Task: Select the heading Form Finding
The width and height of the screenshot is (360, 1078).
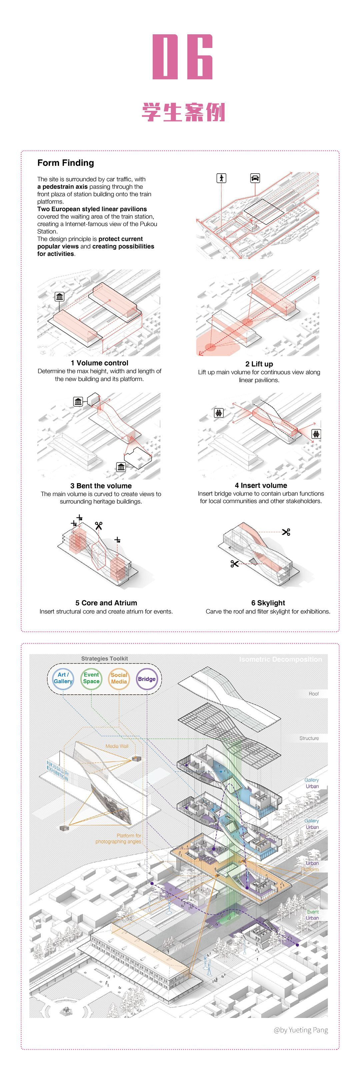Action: pyautogui.click(x=66, y=163)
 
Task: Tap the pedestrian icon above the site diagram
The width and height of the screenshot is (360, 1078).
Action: pyautogui.click(x=221, y=178)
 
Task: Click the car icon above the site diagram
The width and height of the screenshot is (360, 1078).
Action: pyautogui.click(x=255, y=178)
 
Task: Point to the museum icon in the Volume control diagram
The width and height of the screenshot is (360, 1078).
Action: pyautogui.click(x=59, y=297)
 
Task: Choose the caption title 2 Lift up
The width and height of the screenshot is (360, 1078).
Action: pyautogui.click(x=259, y=364)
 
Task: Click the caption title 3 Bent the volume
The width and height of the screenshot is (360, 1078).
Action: pyautogui.click(x=101, y=486)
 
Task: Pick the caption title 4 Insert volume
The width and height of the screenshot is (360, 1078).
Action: pyautogui.click(x=261, y=485)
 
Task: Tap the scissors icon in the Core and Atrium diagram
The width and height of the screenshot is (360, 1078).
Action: pyautogui.click(x=99, y=526)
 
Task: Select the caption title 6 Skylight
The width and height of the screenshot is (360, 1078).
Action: pyautogui.click(x=268, y=603)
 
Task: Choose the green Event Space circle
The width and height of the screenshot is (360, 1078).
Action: pyautogui.click(x=91, y=678)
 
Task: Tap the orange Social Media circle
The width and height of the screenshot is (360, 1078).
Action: pyautogui.click(x=119, y=678)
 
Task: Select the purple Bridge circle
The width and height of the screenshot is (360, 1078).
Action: pyautogui.click(x=147, y=679)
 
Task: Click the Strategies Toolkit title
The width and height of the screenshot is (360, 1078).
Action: pyautogui.click(x=104, y=659)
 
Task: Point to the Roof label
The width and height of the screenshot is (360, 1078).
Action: pyautogui.click(x=314, y=694)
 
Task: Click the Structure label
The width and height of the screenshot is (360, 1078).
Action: pyautogui.click(x=309, y=738)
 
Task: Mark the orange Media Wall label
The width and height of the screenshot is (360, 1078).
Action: pyautogui.click(x=117, y=746)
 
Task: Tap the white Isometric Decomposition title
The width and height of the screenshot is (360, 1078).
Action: pyautogui.click(x=280, y=660)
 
